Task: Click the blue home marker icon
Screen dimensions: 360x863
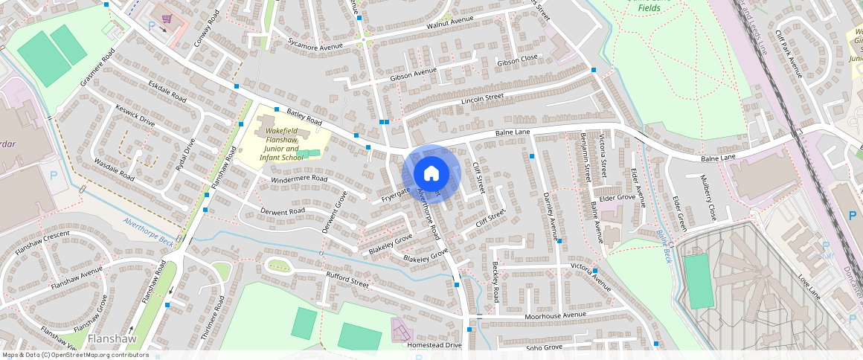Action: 431,174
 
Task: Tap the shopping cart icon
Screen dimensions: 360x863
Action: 168,19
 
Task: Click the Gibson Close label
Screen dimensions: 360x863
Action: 517,59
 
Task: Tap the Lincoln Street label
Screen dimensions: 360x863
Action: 483,98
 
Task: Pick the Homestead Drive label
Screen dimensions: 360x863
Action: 434,345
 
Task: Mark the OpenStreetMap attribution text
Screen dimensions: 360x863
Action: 76,355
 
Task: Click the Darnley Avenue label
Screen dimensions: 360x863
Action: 550,213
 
